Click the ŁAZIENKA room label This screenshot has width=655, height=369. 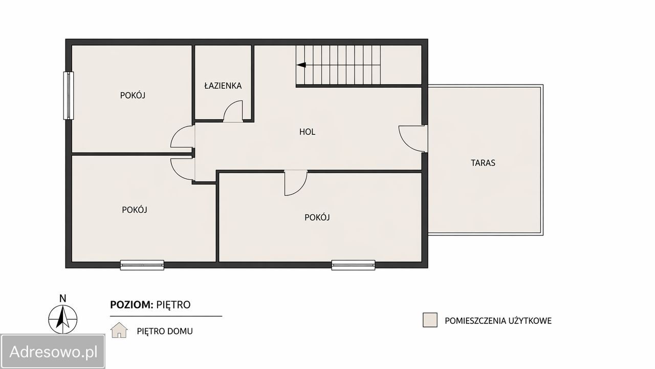(223, 86)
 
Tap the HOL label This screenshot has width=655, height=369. (307, 132)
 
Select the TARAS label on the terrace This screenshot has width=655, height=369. (483, 163)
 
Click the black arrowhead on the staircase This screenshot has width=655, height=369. (301, 65)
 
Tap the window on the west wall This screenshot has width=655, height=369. (69, 95)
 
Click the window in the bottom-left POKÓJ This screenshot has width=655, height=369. (142, 265)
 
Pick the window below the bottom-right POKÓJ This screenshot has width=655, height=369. (353, 265)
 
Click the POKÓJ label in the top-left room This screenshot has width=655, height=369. (133, 95)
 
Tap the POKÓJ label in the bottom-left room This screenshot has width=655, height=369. (135, 210)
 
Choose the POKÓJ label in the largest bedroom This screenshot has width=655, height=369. (317, 217)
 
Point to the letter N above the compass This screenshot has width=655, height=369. (62, 298)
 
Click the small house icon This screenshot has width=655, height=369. (119, 330)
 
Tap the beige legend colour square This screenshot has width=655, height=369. (430, 320)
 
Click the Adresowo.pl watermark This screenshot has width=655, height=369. (53, 352)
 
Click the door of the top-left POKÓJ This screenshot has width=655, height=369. (181, 136)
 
